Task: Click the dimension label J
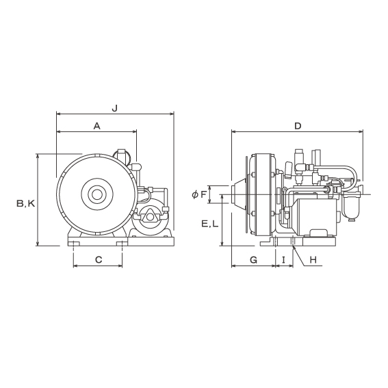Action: [x=114, y=108]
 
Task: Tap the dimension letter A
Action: [x=97, y=126]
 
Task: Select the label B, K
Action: [x=26, y=203]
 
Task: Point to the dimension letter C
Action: [x=99, y=260]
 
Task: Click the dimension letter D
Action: [x=298, y=126]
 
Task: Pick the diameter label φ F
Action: [x=199, y=195]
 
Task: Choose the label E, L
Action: [x=210, y=224]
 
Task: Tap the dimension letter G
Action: [x=254, y=260]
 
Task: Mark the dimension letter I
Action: [x=284, y=260]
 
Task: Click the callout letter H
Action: [x=313, y=260]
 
